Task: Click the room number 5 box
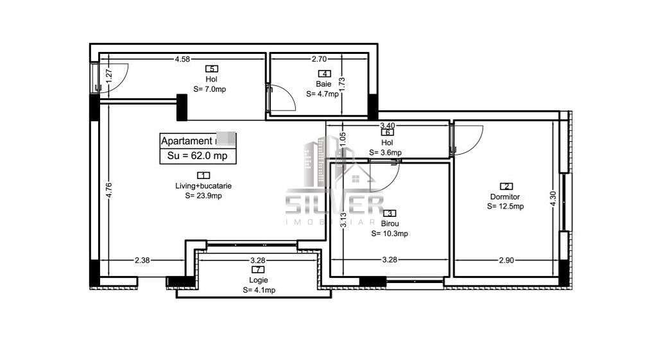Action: [211, 69]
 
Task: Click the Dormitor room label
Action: [504, 197]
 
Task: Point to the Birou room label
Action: [390, 224]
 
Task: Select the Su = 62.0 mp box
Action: [198, 155]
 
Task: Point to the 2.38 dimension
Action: [142, 260]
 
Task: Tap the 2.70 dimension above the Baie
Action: [319, 60]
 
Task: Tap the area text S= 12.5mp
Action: [505, 206]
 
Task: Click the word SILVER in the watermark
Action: [334, 205]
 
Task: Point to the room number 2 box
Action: [505, 187]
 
